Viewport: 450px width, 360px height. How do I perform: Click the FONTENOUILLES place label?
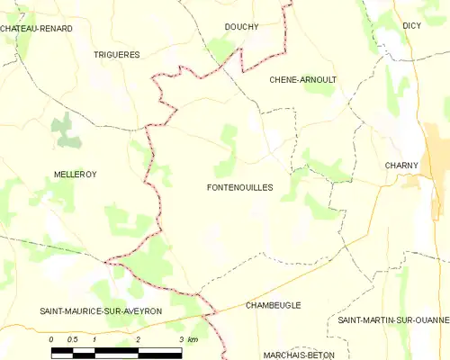[239, 187]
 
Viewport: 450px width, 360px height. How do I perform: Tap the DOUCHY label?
[240, 27]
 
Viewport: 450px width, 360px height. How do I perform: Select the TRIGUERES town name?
[117, 55]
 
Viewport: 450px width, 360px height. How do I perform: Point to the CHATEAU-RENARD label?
[36, 29]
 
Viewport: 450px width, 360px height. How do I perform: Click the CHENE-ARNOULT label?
[303, 80]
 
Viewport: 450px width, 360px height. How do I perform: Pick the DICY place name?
[412, 26]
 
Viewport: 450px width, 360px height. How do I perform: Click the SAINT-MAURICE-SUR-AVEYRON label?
[101, 310]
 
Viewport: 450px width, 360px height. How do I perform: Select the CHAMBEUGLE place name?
[274, 306]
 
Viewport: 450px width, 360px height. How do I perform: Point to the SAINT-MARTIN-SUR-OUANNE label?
[393, 320]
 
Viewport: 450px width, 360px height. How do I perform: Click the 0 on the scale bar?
[51, 339]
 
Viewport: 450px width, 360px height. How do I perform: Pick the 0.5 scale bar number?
[72, 339]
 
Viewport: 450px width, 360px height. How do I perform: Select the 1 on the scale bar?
[94, 339]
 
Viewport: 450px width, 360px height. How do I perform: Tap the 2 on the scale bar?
[138, 339]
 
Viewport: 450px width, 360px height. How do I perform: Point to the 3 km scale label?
[187, 339]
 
